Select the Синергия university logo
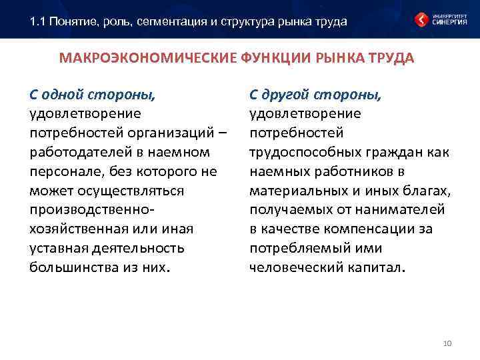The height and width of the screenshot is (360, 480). (440, 19)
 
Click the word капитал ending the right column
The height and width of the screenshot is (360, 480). (378, 268)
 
